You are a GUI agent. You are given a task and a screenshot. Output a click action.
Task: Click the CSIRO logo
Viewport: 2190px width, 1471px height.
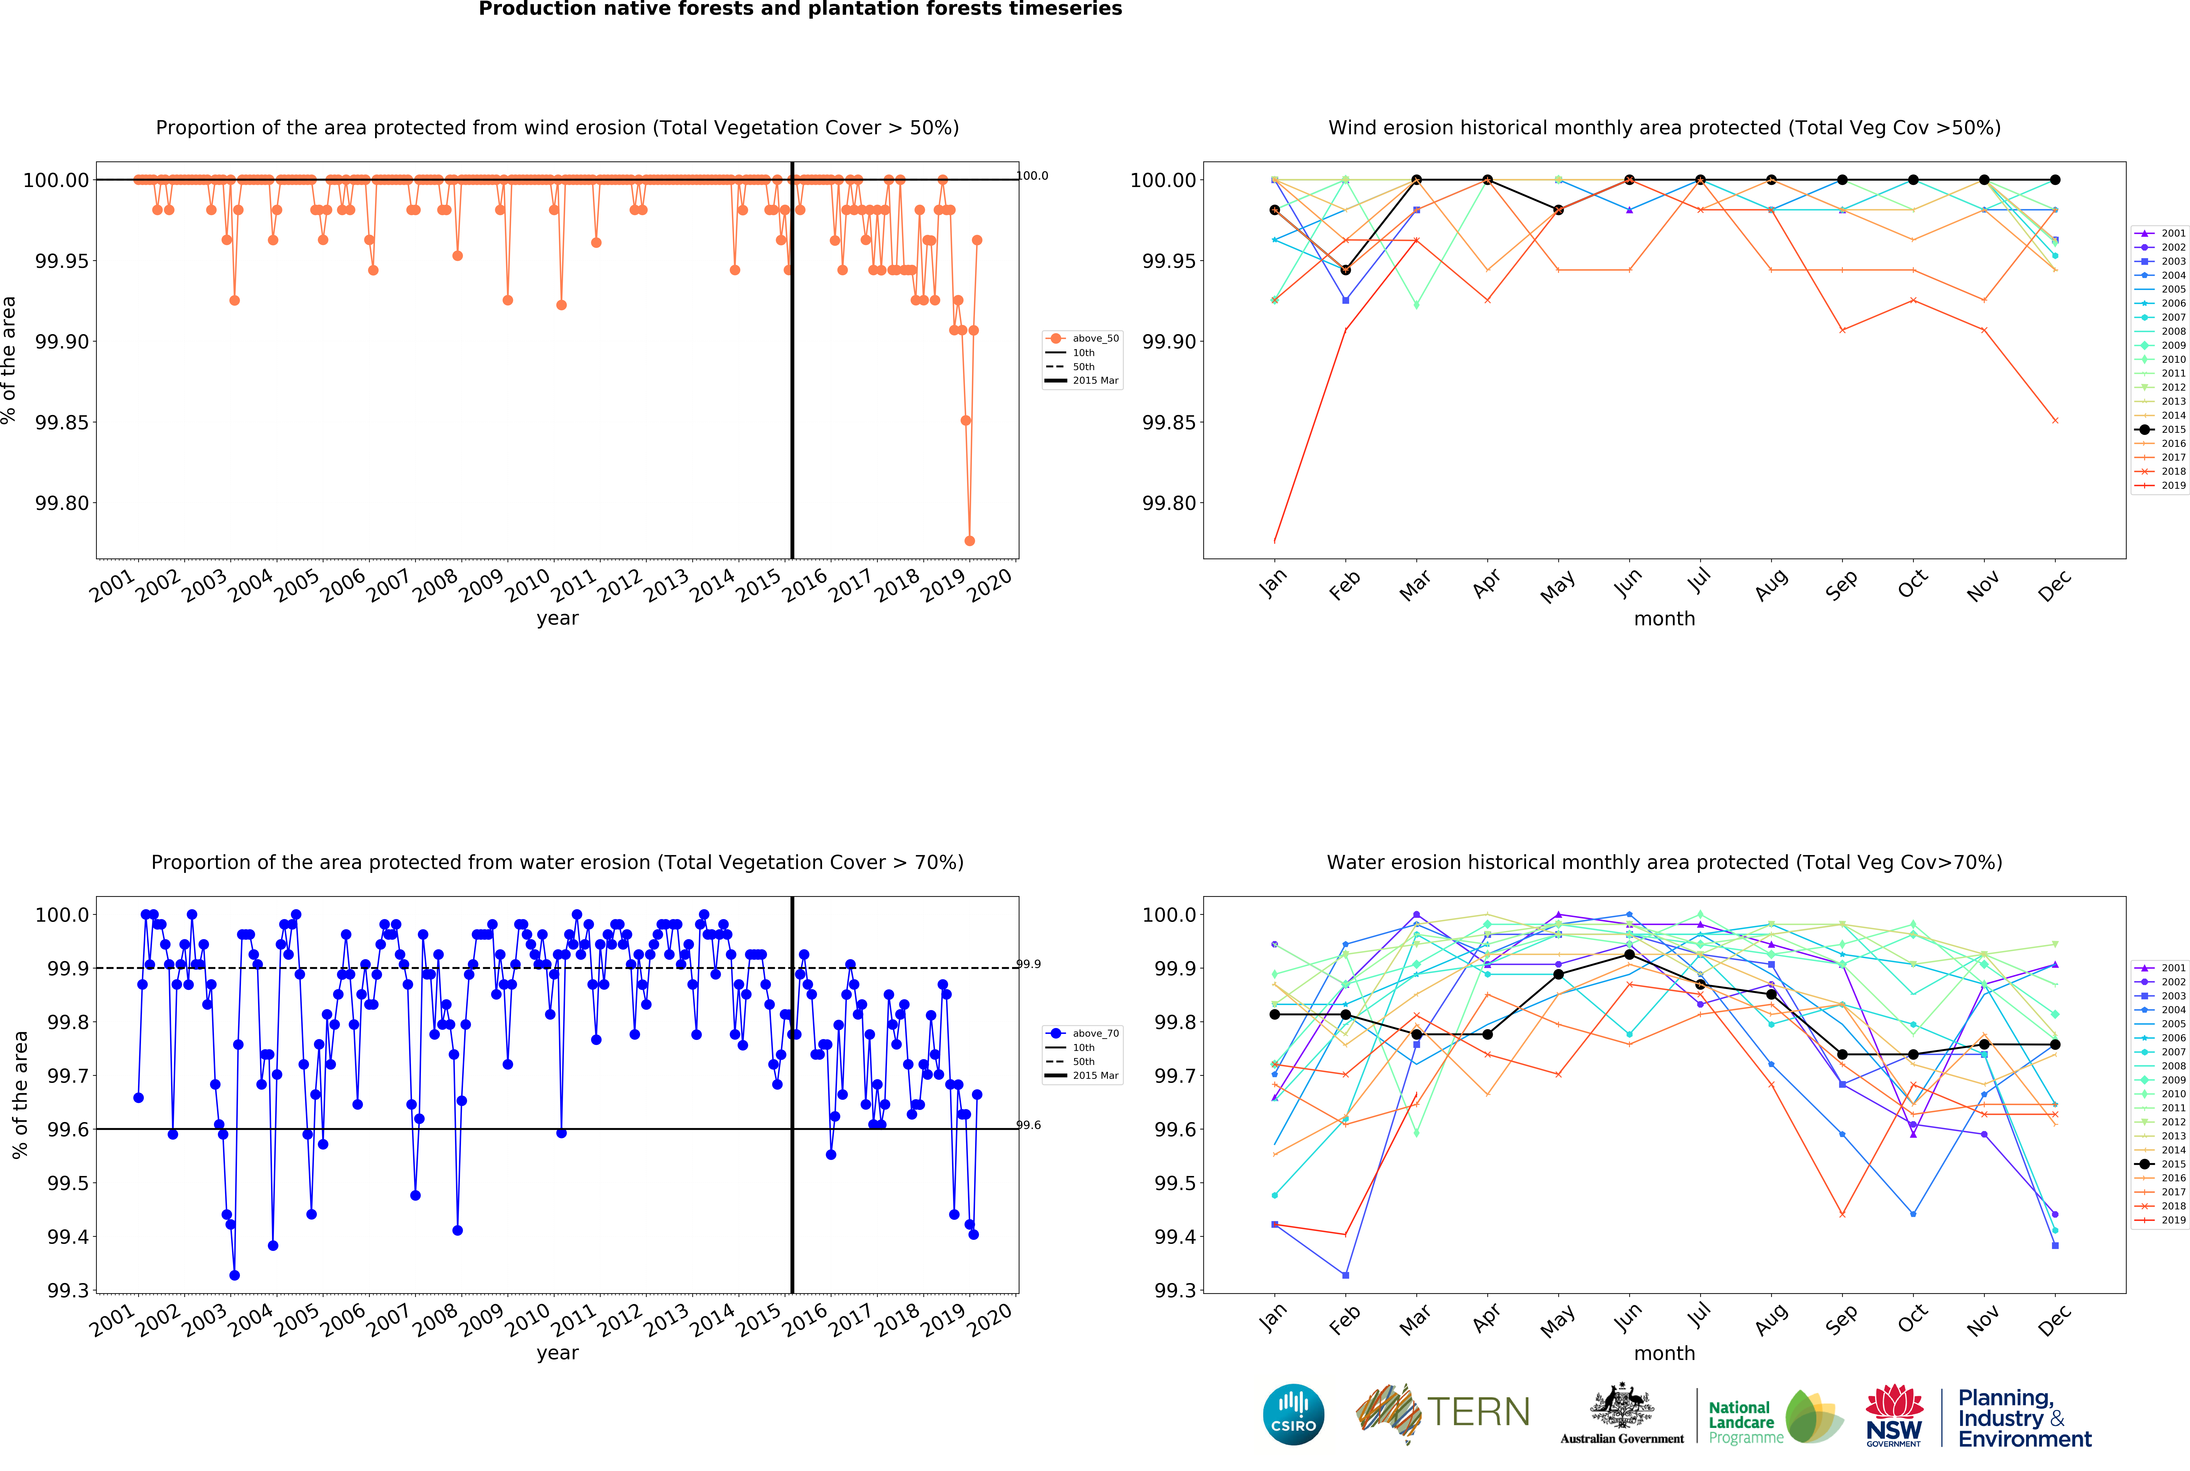click(x=1293, y=1414)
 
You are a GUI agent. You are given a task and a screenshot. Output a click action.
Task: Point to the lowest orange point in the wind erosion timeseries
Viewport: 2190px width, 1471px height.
click(x=969, y=540)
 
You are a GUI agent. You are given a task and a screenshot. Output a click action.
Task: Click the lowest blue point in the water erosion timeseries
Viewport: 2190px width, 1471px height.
click(x=235, y=1275)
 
